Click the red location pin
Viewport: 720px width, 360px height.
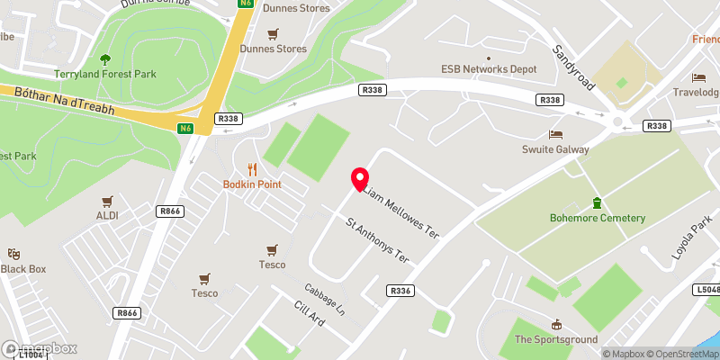360,178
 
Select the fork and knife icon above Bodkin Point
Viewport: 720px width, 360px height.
252,168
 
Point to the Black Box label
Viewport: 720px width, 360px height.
23,269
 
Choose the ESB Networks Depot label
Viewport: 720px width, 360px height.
489,69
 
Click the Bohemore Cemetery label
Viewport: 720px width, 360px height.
598,218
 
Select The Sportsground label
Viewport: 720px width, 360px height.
556,339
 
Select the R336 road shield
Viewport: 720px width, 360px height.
401,291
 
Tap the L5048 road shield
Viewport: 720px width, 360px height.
708,290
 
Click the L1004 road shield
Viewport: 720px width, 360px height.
30,355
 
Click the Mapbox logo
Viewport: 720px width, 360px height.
40,348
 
